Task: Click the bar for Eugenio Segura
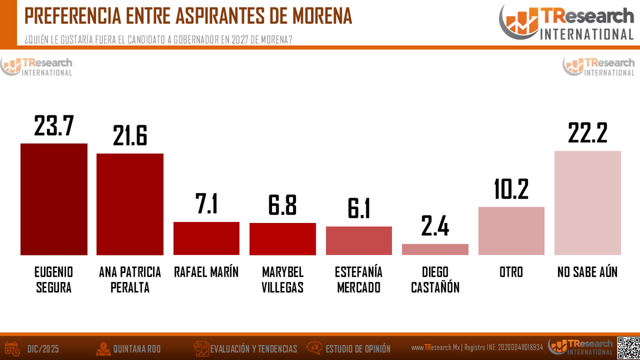click(54, 199)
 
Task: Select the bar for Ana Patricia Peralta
click(130, 204)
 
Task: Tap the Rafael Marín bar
click(206, 238)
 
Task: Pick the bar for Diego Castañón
click(435, 250)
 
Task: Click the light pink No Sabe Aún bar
click(588, 203)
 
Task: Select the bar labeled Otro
click(511, 231)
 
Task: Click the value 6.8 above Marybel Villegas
click(283, 205)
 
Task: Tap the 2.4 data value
click(435, 227)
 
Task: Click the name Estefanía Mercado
click(358, 279)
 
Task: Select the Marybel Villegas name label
click(283, 279)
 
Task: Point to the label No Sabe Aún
click(587, 272)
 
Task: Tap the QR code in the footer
click(628, 347)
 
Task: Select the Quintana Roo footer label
click(137, 349)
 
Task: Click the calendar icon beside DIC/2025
click(12, 348)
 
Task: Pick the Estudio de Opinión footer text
click(358, 349)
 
